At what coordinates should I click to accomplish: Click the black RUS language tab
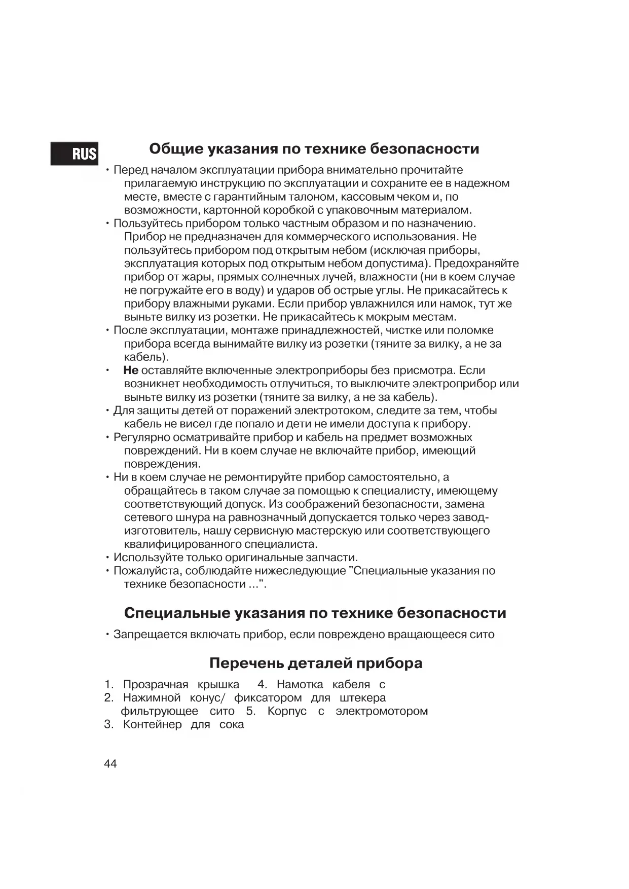tap(75, 153)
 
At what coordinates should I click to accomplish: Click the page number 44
tap(110, 764)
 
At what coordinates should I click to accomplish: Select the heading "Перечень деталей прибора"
tap(316, 663)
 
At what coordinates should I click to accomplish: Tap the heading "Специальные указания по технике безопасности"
tap(315, 613)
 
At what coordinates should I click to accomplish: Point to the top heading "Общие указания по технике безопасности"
tap(314, 149)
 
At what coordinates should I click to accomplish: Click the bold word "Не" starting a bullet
tap(131, 371)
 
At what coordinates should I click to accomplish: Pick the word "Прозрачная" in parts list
tap(156, 685)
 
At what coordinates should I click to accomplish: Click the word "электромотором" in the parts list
tap(382, 711)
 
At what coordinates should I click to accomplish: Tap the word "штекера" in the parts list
tap(362, 698)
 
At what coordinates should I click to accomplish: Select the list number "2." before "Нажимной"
tap(109, 698)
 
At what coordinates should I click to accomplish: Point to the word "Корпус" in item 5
tap(287, 711)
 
